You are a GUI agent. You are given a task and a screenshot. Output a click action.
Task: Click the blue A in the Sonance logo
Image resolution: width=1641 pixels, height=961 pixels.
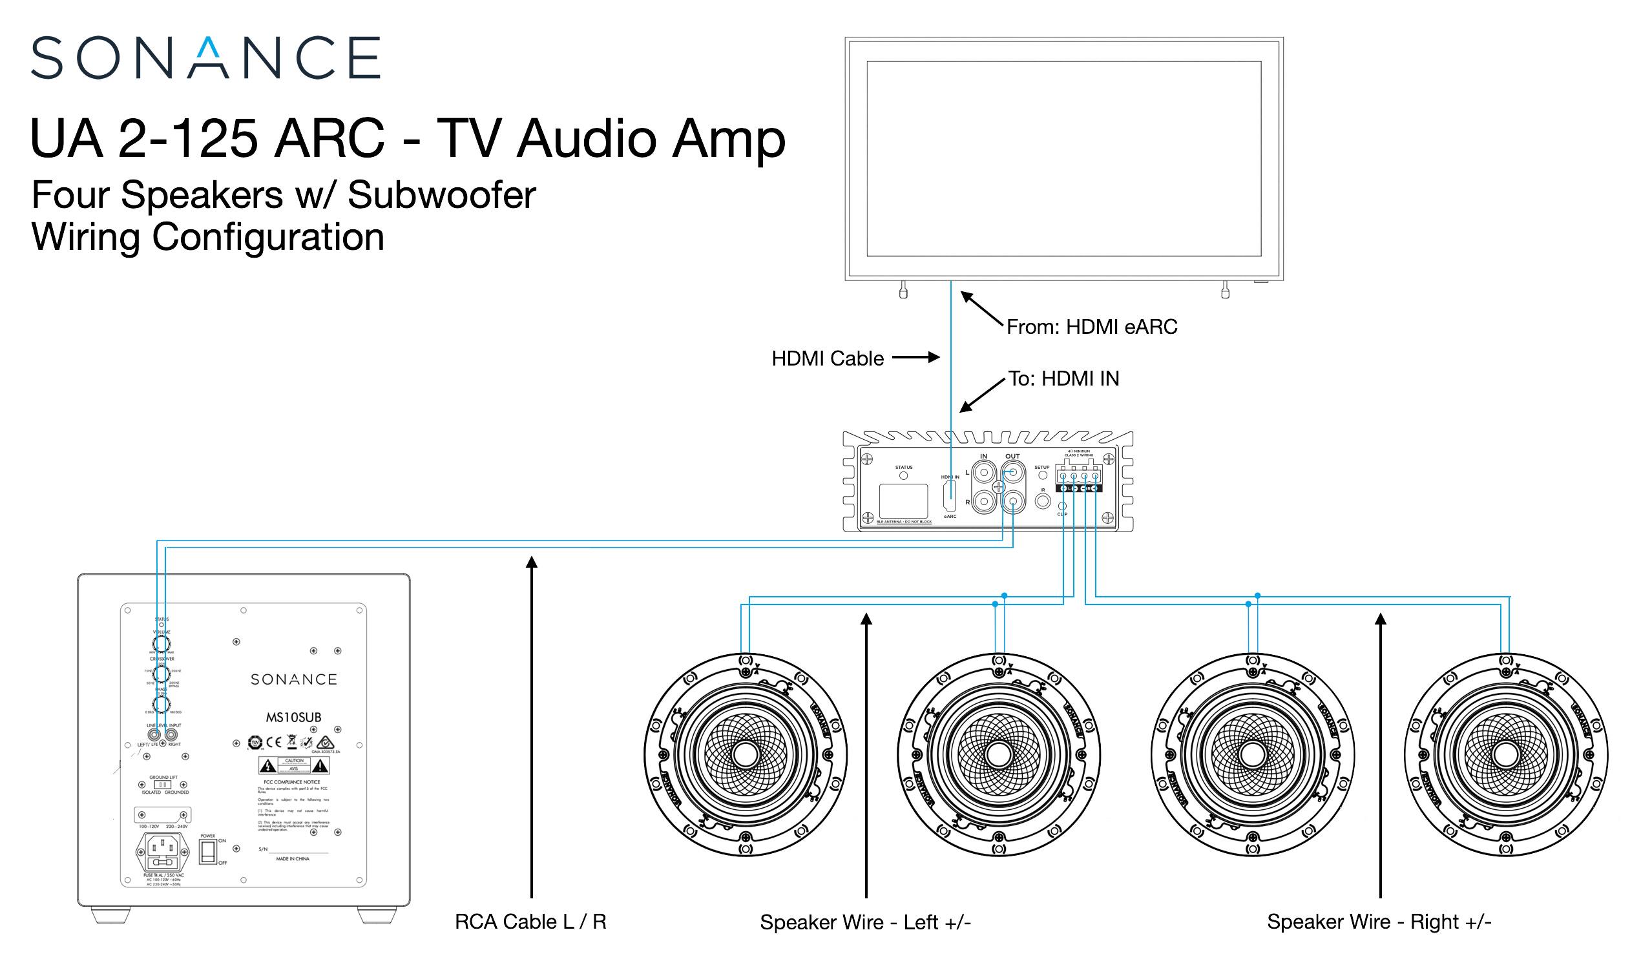point(209,58)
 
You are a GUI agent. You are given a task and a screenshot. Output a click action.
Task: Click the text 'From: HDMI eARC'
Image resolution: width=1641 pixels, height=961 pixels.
point(1091,327)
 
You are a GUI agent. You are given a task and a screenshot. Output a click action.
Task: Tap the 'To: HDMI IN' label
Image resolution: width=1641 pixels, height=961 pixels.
point(1063,379)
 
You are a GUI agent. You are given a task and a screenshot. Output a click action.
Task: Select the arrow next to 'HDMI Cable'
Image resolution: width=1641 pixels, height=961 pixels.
point(915,357)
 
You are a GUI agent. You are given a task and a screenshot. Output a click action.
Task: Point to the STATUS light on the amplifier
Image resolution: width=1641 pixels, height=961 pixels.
point(903,476)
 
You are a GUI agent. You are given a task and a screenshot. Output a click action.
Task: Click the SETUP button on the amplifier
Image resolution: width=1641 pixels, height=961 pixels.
point(1043,475)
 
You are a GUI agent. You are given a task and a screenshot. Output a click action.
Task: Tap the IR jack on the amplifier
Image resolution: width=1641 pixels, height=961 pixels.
point(1043,501)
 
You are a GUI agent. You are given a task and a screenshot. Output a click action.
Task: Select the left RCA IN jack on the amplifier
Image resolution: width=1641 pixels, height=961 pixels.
point(983,472)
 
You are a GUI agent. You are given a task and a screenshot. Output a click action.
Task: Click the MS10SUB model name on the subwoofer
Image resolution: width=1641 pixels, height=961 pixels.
point(293,718)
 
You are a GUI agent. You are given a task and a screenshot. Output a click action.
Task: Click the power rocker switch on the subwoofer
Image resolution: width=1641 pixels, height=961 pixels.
point(208,852)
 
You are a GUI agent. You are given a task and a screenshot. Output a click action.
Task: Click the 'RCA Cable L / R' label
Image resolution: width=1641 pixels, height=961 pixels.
point(530,922)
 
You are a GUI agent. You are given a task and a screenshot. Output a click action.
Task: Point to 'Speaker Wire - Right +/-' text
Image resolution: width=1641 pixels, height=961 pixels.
point(1379,922)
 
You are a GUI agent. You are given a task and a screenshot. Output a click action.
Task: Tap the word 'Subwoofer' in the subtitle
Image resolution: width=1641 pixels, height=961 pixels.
point(441,194)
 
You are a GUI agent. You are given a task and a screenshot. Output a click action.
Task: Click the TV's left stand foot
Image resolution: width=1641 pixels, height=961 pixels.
point(903,291)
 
